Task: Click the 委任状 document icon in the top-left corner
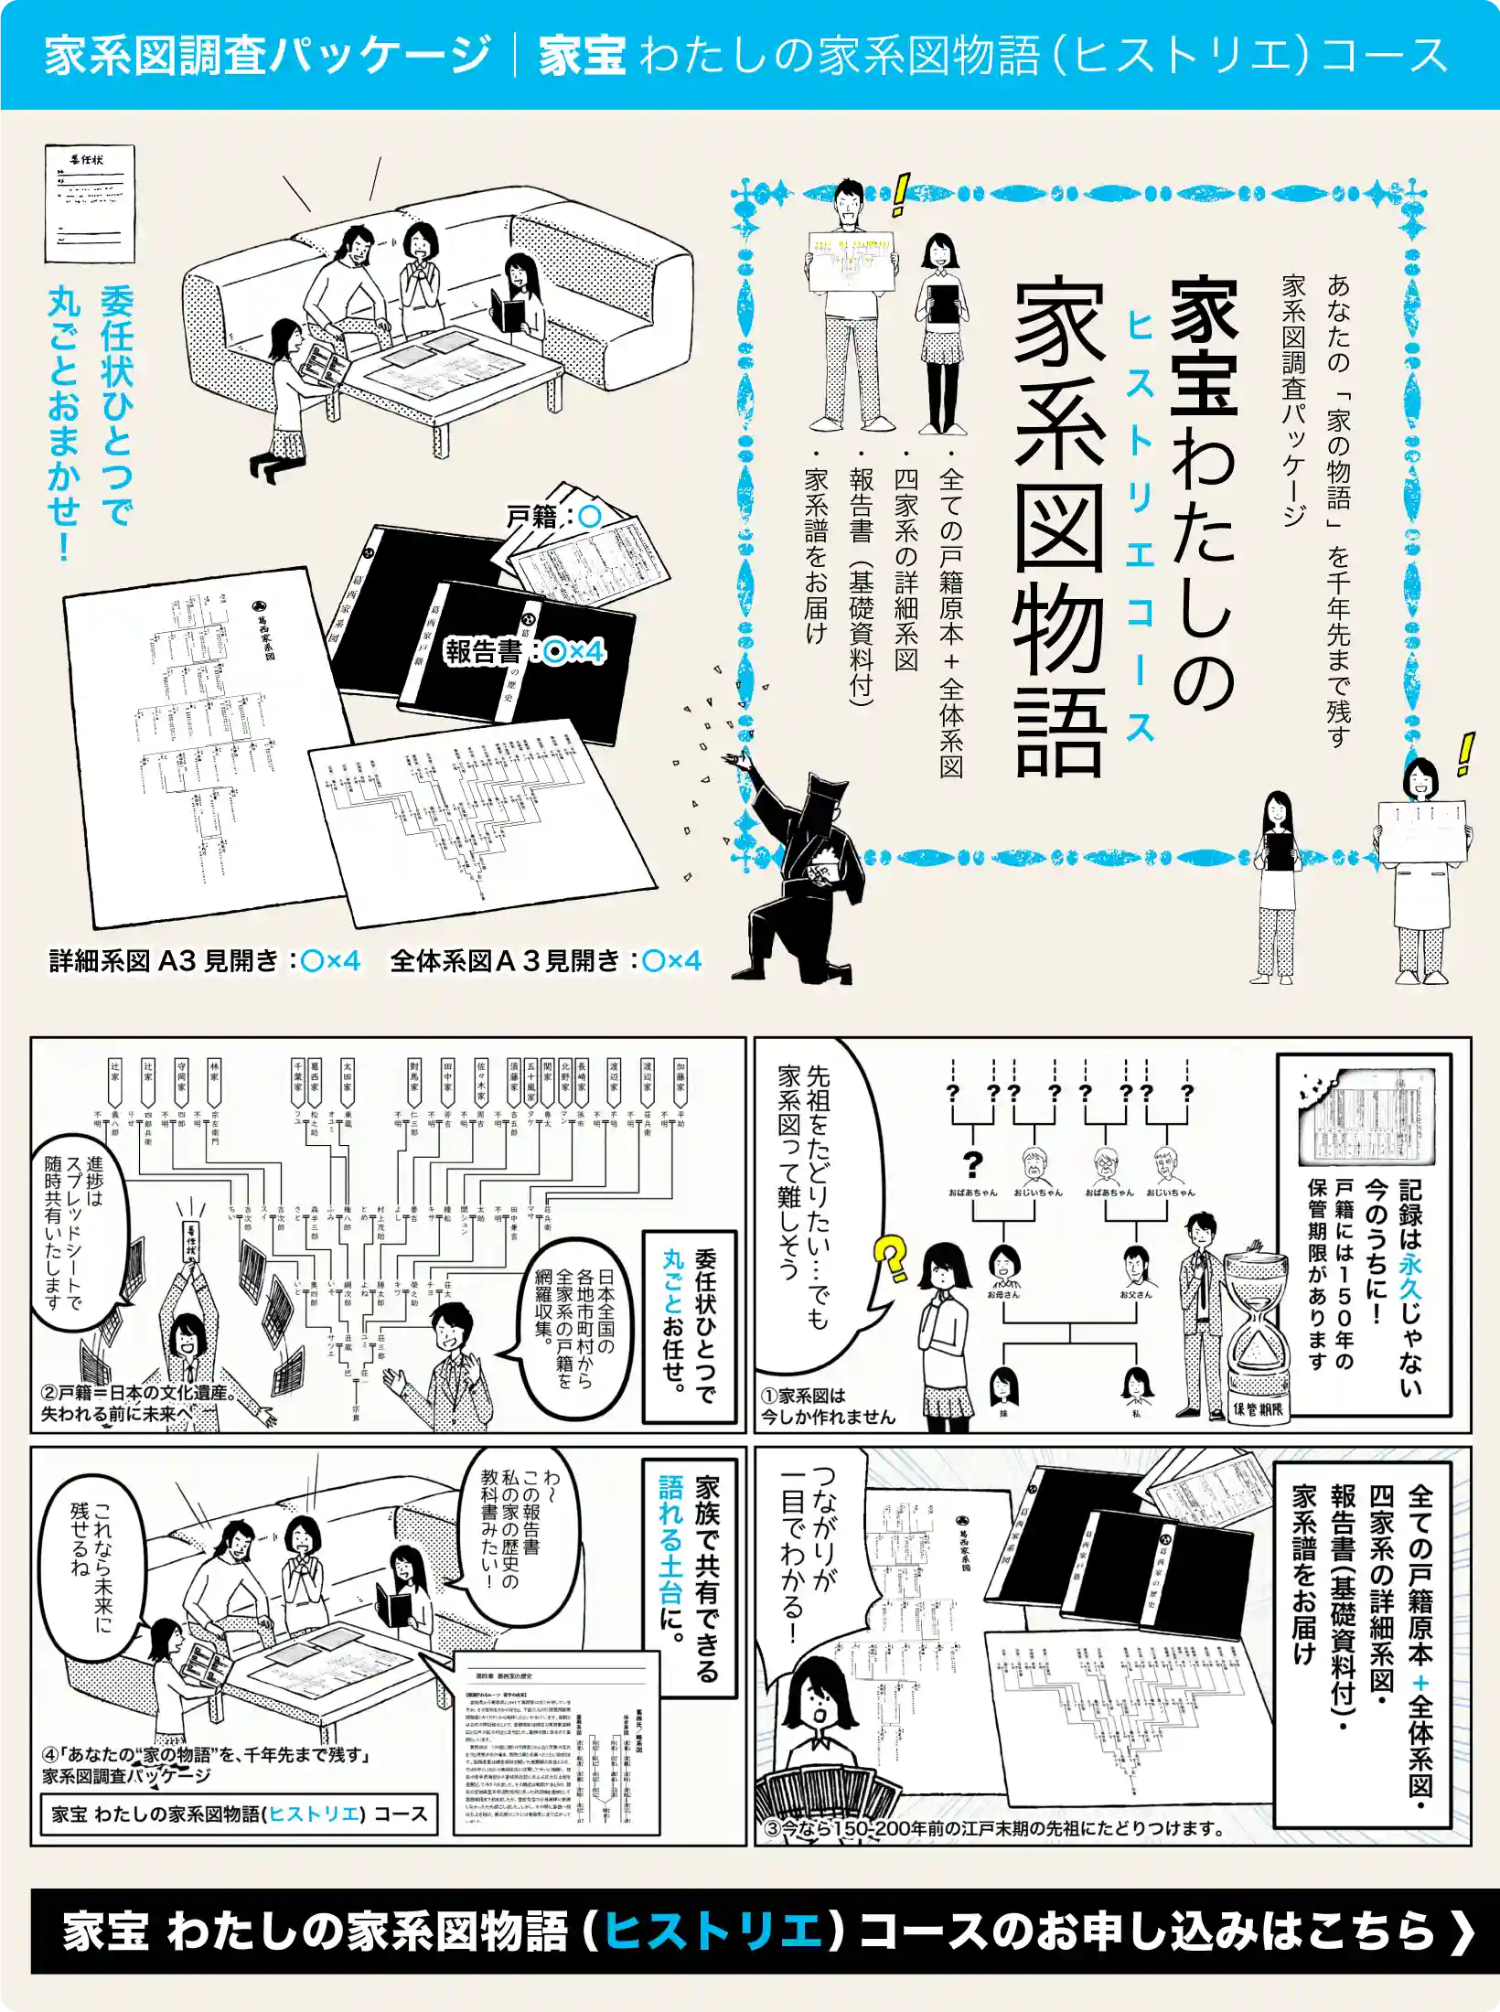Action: click(x=90, y=203)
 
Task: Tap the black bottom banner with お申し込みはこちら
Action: click(x=750, y=1931)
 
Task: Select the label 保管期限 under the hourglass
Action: click(x=1258, y=1408)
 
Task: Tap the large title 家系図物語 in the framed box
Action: click(x=1061, y=526)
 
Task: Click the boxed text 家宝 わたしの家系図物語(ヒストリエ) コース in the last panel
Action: click(x=239, y=1814)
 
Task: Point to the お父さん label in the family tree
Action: click(x=1135, y=1295)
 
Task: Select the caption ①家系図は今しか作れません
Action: click(x=828, y=1406)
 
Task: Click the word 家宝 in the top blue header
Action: click(x=582, y=55)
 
